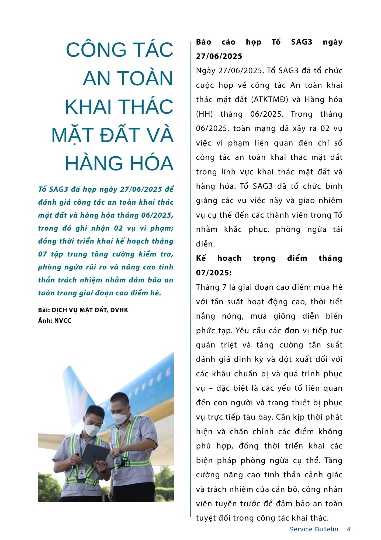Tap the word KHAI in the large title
88,107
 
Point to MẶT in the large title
72,135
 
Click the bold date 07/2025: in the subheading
214,273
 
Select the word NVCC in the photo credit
63,320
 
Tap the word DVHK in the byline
119,310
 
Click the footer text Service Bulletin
313,529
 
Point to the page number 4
348,529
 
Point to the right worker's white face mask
120,418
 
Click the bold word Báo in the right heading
203,42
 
